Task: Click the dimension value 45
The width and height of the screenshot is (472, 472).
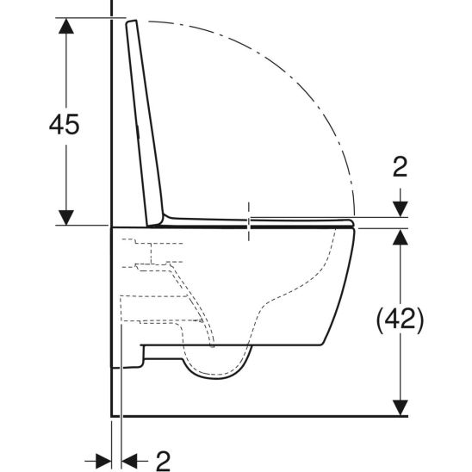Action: click(64, 125)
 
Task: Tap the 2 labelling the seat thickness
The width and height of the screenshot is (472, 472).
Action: click(398, 167)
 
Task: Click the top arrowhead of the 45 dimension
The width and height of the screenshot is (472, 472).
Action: click(65, 25)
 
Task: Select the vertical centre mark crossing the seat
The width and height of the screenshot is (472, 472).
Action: click(250, 221)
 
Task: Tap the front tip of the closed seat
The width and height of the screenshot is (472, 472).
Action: click(354, 224)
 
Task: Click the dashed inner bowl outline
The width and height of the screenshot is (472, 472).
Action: click(293, 293)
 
